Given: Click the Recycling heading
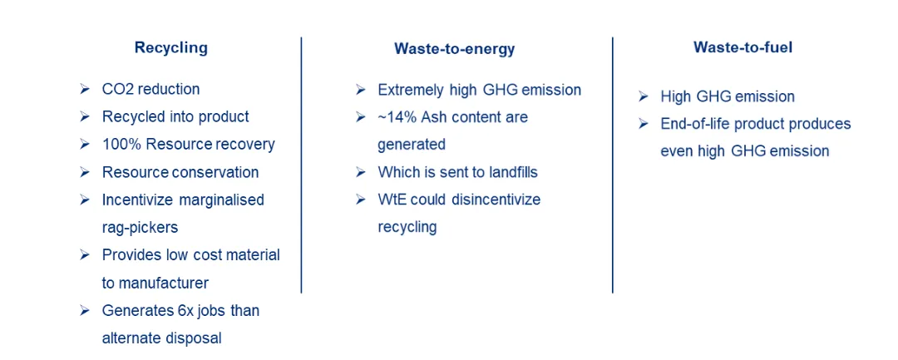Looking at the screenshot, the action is point(170,48).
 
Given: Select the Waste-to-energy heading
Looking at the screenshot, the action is point(454,49).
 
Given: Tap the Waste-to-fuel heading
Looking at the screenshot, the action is point(743,47).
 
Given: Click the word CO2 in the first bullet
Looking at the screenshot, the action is point(117,89).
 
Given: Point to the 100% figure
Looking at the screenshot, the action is point(121,144).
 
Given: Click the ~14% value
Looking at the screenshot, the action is point(396,117).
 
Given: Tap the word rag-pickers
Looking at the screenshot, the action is point(140,227).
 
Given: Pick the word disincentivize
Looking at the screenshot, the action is point(496,200).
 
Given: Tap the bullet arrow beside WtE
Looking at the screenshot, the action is point(360,200).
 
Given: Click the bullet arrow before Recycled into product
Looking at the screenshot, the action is point(85,116).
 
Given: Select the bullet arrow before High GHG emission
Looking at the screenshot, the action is point(643,96).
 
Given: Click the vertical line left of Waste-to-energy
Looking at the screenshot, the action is point(301,165).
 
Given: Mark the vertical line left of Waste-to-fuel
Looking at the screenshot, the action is point(612,165).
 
